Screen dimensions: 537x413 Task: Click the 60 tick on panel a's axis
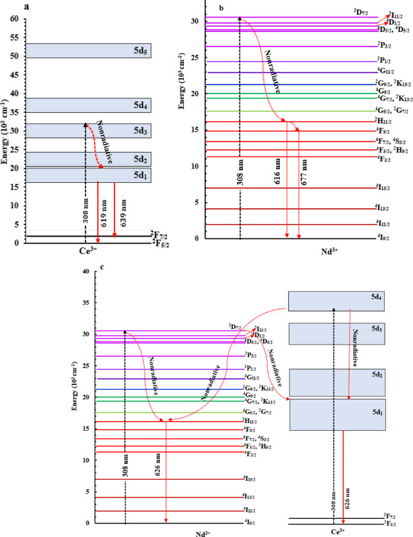tap(14, 19)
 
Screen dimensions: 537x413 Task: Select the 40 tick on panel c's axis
tap(85, 272)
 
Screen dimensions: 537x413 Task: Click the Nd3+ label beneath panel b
tap(329, 248)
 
